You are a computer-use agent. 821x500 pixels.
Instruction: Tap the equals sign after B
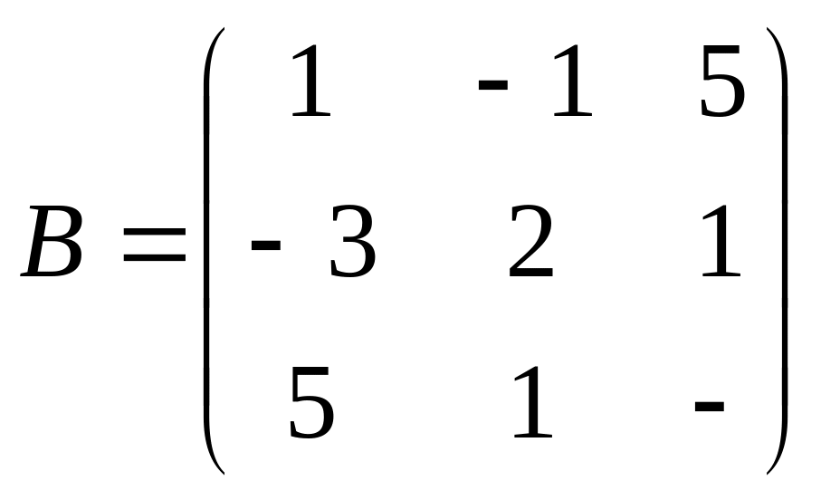[154, 244]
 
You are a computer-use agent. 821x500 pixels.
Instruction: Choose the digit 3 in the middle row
[351, 244]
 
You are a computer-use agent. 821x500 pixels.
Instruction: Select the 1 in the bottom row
[532, 405]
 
